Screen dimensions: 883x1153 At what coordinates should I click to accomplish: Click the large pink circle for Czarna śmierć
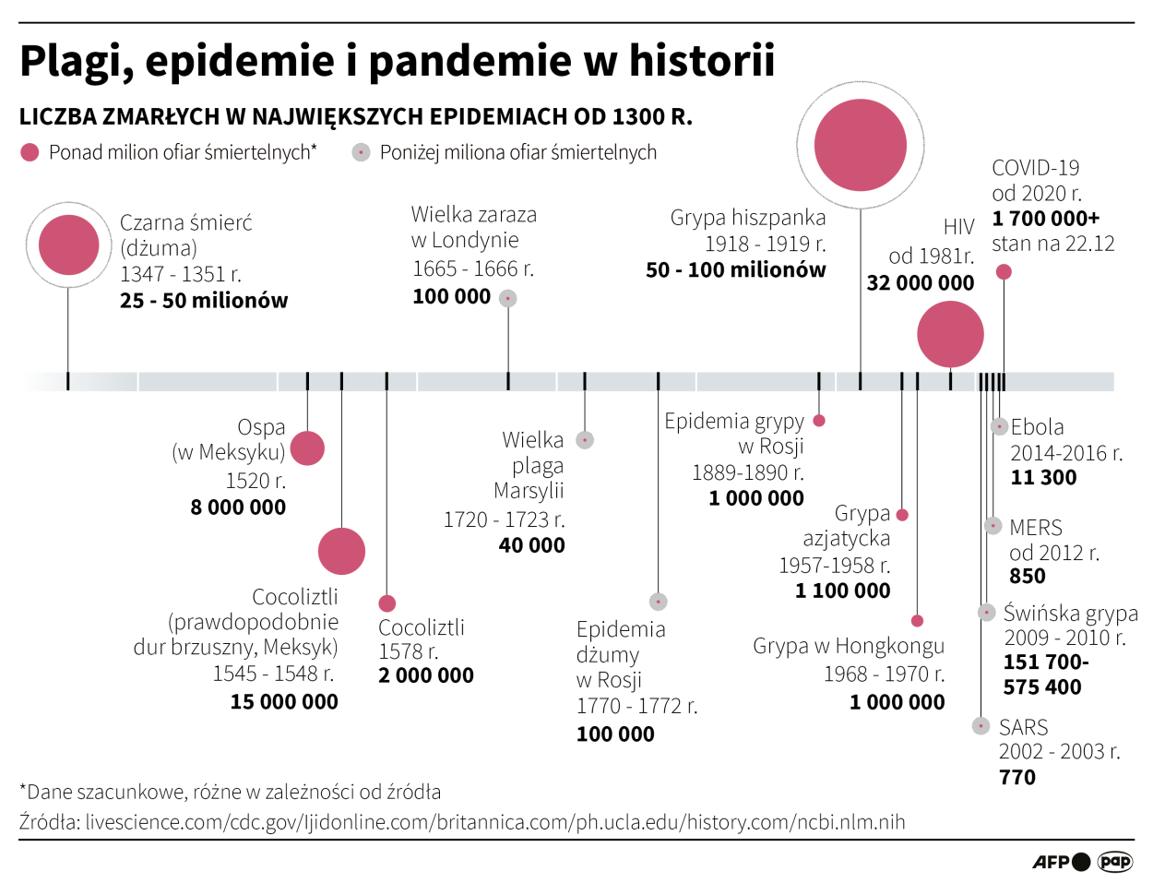coord(68,245)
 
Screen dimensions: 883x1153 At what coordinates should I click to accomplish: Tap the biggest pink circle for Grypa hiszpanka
coord(861,145)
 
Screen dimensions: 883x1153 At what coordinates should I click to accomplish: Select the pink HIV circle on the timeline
coord(950,334)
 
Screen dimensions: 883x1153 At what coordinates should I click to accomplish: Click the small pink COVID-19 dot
coord(1004,271)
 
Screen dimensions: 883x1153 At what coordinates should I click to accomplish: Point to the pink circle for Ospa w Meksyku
coord(307,448)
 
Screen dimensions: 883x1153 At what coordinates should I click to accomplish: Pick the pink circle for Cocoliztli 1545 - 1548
coord(341,551)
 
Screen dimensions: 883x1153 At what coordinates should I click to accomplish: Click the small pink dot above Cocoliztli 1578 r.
coord(386,603)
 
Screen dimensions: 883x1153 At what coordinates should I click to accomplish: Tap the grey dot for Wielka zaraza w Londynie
coord(508,298)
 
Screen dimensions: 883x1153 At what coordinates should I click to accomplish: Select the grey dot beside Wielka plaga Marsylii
coord(585,440)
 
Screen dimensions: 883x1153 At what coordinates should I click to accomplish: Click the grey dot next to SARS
coord(981,726)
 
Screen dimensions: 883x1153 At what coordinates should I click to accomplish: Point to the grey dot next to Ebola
coord(999,426)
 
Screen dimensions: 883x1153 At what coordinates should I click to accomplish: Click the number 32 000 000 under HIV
coord(920,283)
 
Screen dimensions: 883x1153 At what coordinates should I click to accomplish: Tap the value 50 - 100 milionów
coord(735,270)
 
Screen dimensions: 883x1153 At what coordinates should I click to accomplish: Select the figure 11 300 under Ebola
coord(1043,478)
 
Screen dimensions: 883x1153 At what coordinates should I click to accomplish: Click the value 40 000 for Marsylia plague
coord(531,545)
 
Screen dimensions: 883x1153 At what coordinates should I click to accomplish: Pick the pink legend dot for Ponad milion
coord(30,152)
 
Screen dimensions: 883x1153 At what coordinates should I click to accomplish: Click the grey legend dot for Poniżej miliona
coord(361,152)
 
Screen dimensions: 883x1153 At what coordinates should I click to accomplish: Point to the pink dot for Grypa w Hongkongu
coord(917,621)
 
